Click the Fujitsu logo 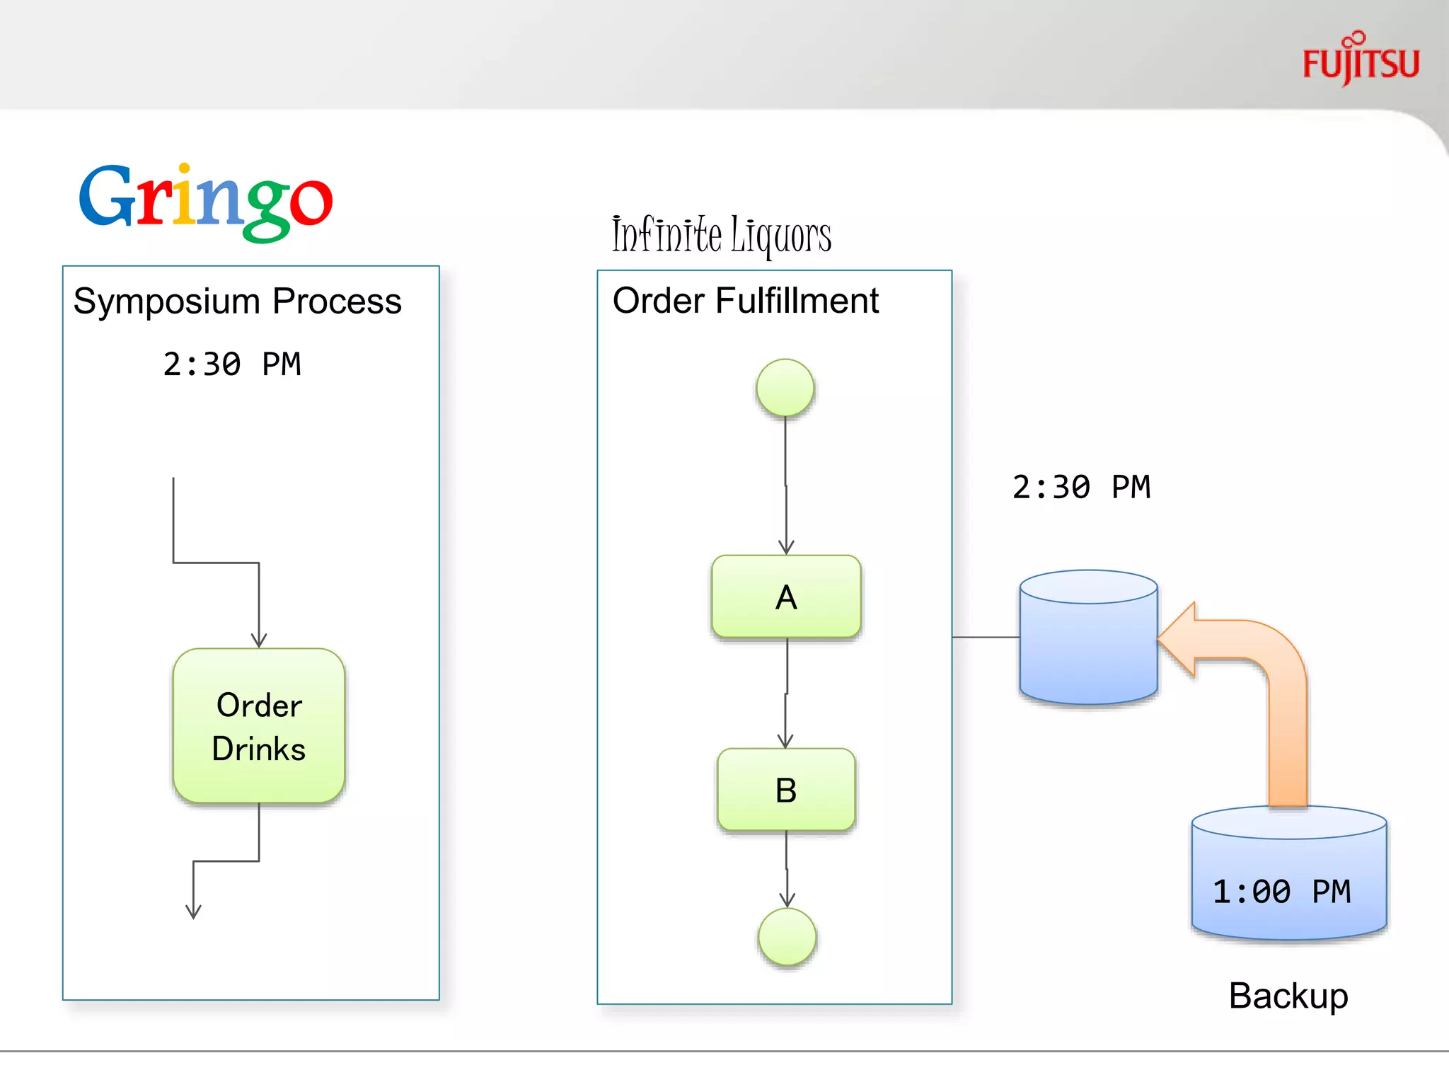(1360, 61)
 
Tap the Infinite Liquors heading (721, 235)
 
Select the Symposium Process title (237, 301)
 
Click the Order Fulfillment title (745, 301)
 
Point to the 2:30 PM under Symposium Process (231, 364)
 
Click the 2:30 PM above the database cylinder (1080, 488)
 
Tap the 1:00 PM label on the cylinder (1281, 892)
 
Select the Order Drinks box (259, 726)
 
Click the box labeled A (786, 597)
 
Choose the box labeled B (786, 790)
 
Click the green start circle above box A (785, 388)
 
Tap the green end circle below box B (787, 937)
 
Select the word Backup (1288, 996)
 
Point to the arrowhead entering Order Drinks (259, 640)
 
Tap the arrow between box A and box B (786, 694)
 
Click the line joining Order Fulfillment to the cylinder (986, 638)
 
